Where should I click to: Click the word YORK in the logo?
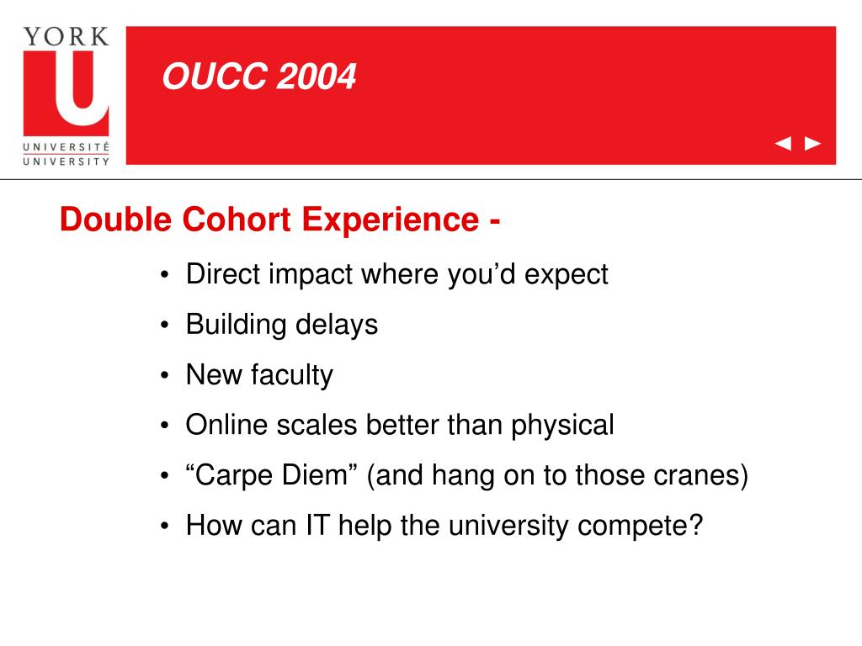click(66, 36)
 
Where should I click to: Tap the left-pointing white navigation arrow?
click(783, 144)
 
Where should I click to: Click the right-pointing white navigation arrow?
click(812, 144)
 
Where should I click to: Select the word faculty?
click(291, 375)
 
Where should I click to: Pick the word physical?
click(562, 426)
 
